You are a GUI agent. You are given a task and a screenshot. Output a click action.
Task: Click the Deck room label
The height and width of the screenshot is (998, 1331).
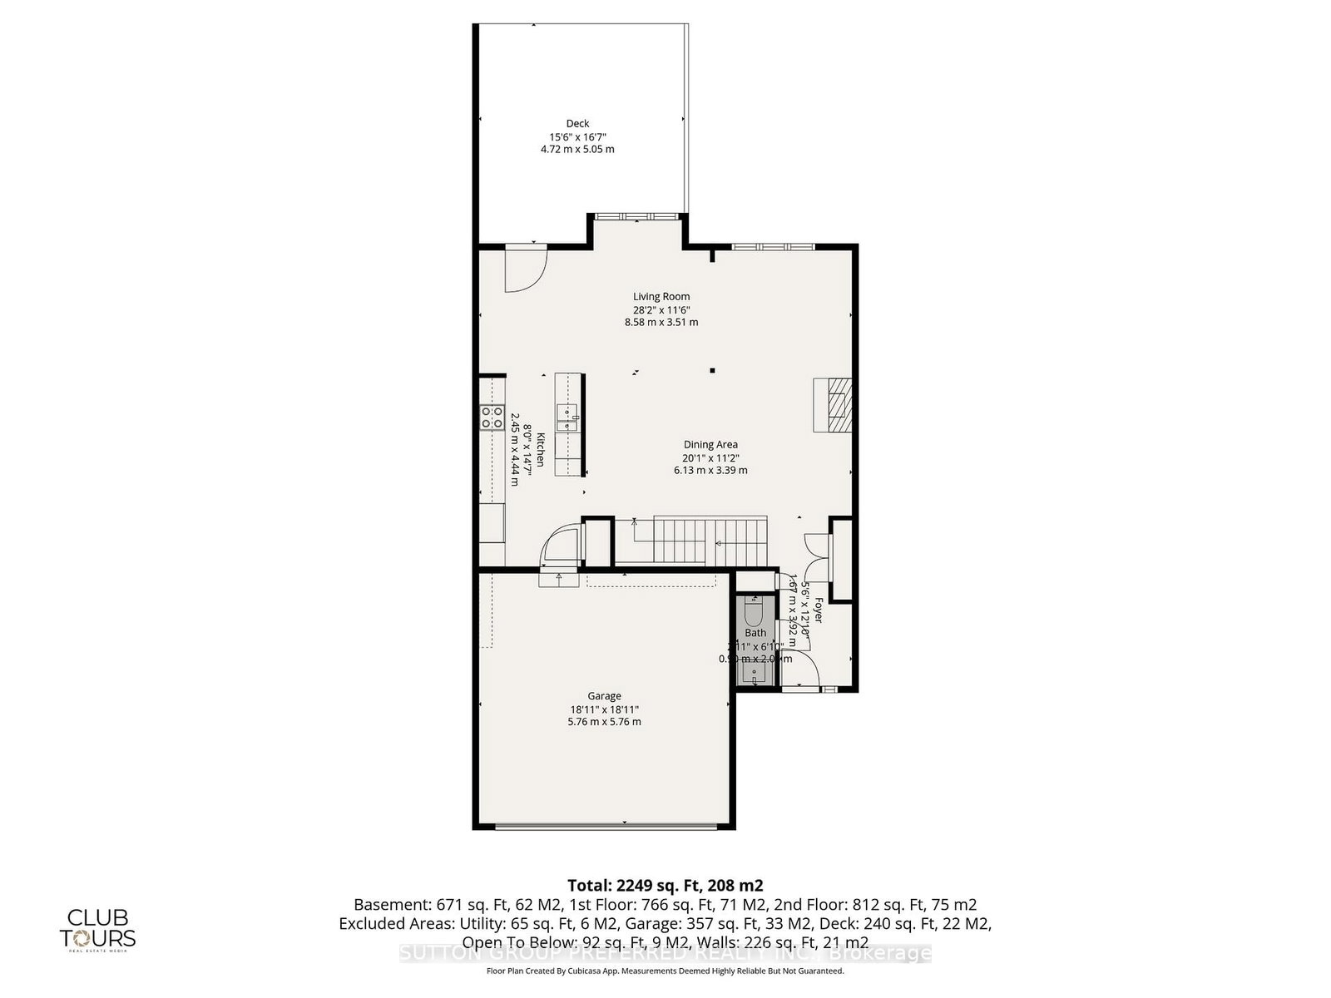pos(577,124)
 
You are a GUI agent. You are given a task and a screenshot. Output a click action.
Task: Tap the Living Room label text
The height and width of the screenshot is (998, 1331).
pos(661,296)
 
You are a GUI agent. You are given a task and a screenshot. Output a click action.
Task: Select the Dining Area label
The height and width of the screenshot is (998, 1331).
pos(710,444)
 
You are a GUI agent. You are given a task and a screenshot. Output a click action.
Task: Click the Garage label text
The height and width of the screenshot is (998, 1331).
pos(604,696)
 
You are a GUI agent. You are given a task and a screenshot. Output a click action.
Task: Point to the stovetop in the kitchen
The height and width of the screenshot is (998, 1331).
pos(492,417)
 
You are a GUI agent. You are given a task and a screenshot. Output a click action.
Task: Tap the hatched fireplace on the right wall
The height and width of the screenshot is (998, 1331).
pos(834,404)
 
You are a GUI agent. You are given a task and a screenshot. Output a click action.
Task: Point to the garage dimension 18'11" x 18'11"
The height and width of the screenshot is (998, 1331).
pos(604,709)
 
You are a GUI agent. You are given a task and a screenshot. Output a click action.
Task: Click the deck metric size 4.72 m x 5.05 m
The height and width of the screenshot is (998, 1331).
pos(577,150)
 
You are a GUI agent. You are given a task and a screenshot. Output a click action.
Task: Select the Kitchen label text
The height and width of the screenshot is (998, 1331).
pos(540,450)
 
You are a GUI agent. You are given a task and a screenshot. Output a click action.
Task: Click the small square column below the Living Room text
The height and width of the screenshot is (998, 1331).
pos(712,371)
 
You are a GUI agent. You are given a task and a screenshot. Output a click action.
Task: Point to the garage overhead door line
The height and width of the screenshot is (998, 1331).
pos(605,826)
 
